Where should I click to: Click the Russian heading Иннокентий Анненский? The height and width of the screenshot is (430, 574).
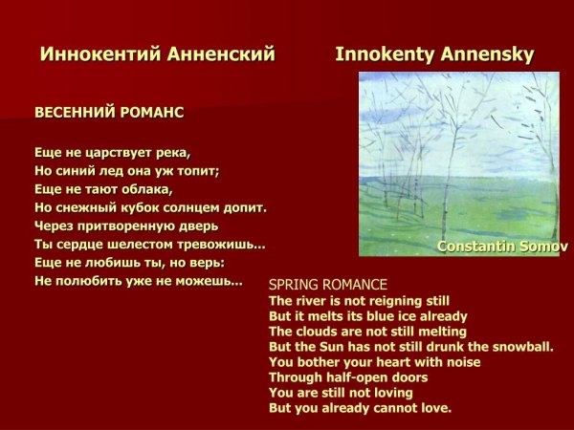(x=158, y=54)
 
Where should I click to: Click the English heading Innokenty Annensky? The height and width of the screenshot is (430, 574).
(x=434, y=54)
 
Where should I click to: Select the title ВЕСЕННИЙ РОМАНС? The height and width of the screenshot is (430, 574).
(x=109, y=112)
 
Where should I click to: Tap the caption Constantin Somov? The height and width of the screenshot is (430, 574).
(x=501, y=246)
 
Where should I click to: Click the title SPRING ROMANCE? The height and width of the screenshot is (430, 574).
(x=328, y=285)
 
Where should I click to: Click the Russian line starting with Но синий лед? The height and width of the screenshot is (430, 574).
(x=127, y=171)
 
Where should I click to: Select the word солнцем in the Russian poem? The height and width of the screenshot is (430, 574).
(x=194, y=207)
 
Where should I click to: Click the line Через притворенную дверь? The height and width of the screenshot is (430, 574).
(x=126, y=226)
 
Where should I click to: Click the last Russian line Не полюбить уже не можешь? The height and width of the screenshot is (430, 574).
(x=138, y=281)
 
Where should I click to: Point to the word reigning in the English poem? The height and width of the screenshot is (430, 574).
(x=386, y=300)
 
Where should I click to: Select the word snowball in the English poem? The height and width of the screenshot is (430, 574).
(x=520, y=346)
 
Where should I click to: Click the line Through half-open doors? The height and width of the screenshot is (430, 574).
(x=348, y=377)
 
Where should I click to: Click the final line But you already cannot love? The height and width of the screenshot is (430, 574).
(x=360, y=408)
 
